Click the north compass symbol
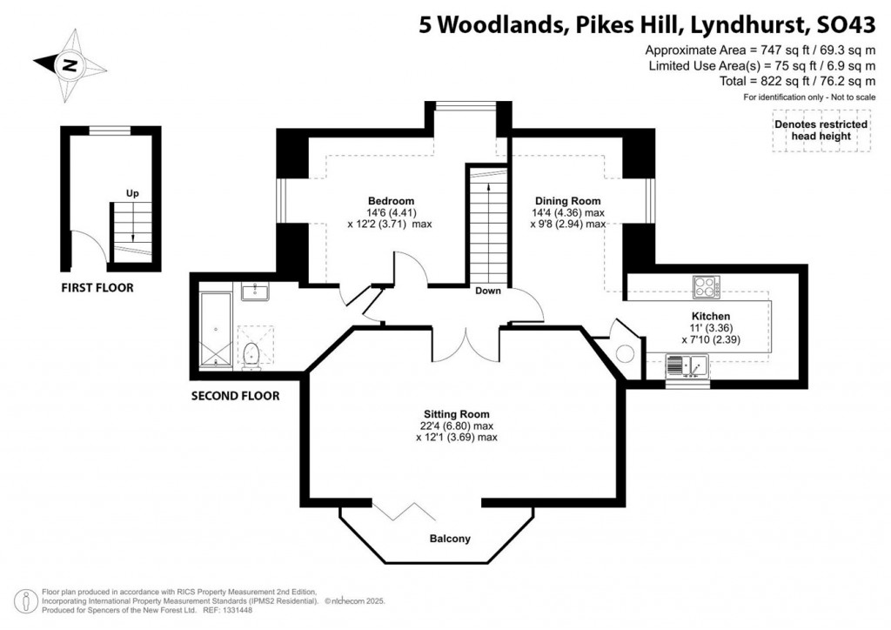pyautogui.click(x=69, y=64)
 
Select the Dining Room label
pyautogui.click(x=567, y=201)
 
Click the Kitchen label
pyautogui.click(x=710, y=316)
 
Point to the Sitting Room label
pyautogui.click(x=456, y=414)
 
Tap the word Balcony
pyautogui.click(x=450, y=539)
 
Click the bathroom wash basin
pyautogui.click(x=254, y=291)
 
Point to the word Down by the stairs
pyautogui.click(x=488, y=291)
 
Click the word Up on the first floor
pyautogui.click(x=132, y=193)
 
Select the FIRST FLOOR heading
pyautogui.click(x=97, y=288)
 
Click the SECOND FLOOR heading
pyautogui.click(x=235, y=396)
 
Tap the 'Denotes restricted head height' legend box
pyautogui.click(x=821, y=131)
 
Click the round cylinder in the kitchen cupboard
pyautogui.click(x=625, y=353)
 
